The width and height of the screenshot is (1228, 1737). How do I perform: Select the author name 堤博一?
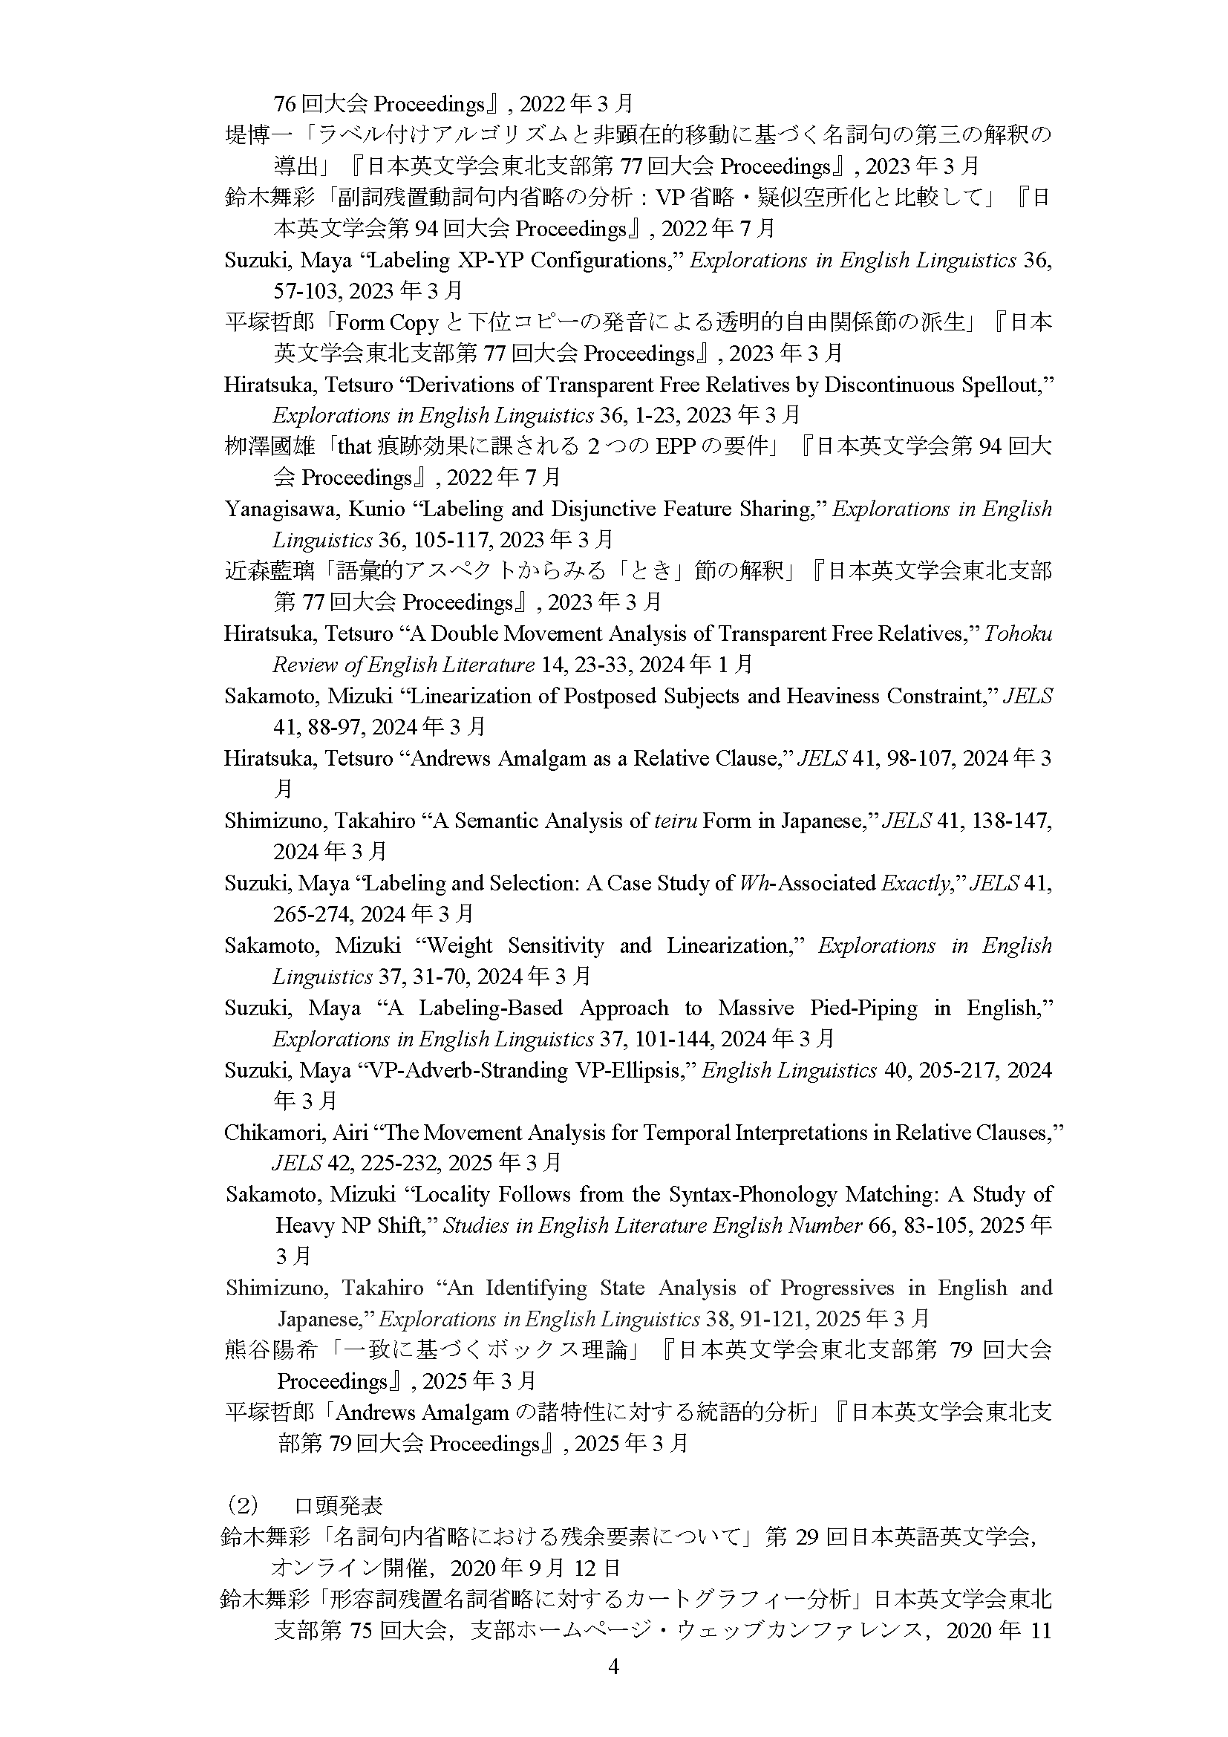coord(258,135)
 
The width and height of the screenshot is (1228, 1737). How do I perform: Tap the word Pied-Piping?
coord(863,1008)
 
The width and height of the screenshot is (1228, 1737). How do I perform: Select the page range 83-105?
coord(933,1225)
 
